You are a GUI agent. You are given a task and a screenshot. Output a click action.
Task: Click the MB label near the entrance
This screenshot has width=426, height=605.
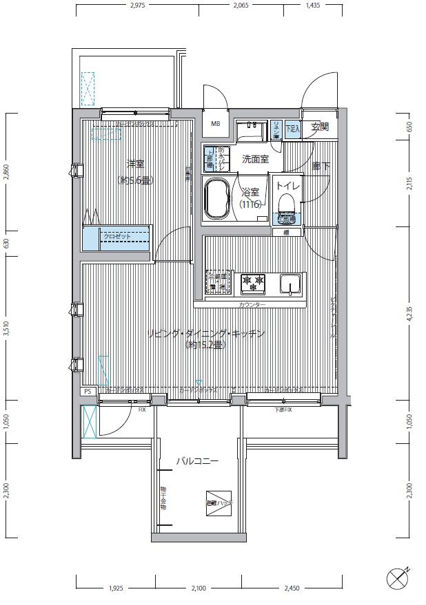215,125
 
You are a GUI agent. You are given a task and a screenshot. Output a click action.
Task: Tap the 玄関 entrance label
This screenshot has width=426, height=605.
320,127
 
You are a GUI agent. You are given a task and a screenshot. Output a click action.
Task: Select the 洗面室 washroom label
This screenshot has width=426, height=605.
255,159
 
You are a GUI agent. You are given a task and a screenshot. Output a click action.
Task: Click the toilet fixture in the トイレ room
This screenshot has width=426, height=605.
286,207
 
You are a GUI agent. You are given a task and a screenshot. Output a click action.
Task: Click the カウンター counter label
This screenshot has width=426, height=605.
252,304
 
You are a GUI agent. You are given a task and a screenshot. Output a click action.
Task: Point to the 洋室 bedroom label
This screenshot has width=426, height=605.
134,164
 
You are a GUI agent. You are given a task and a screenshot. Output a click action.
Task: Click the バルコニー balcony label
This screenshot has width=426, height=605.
196,460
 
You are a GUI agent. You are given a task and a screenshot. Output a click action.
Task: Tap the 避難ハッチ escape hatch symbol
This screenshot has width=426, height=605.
219,502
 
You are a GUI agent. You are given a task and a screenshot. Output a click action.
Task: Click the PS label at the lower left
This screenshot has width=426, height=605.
87,391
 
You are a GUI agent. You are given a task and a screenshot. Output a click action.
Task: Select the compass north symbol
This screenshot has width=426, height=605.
398,575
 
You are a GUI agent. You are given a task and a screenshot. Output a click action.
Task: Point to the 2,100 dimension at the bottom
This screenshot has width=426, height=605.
198,588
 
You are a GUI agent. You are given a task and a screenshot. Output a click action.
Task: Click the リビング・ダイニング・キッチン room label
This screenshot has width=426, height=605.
207,335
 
